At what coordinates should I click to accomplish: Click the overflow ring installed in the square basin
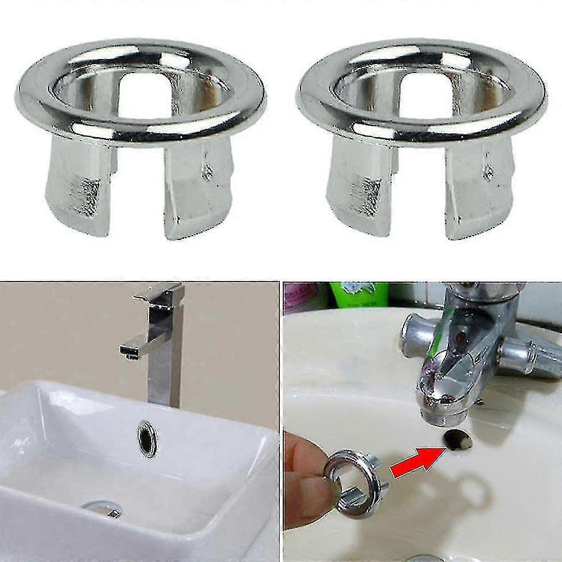148,438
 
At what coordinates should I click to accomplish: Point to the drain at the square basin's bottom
102,508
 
